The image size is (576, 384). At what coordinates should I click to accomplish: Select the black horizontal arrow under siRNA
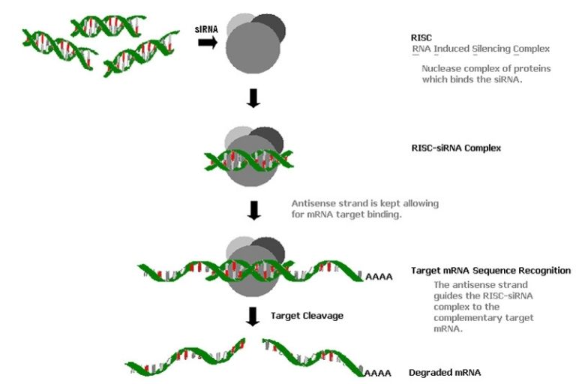tap(208, 43)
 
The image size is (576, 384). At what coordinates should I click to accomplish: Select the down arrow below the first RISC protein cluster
tap(253, 98)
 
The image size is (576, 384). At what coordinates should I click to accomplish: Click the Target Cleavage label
tap(307, 316)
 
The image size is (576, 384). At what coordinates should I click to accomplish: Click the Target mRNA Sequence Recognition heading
tap(491, 270)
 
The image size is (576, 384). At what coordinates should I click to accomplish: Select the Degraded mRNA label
tap(445, 372)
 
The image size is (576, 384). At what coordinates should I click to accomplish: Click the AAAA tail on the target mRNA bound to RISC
tap(379, 277)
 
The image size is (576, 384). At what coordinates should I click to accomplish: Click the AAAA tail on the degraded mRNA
tap(379, 372)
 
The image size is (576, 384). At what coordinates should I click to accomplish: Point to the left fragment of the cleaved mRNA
tap(187, 357)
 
